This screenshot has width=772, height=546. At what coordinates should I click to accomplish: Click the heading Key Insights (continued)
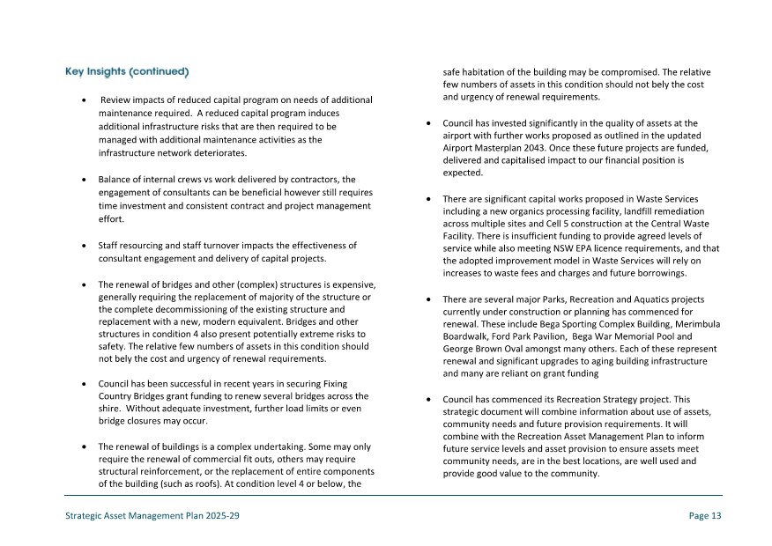click(127, 70)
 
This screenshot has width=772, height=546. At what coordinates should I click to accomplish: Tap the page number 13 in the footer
click(705, 516)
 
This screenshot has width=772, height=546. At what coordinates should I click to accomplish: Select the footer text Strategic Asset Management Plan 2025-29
click(152, 516)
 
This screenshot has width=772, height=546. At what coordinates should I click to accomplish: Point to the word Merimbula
click(695, 324)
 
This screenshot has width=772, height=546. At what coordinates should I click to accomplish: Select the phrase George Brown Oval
click(483, 349)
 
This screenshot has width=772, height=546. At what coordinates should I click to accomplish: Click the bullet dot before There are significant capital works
click(427, 200)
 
